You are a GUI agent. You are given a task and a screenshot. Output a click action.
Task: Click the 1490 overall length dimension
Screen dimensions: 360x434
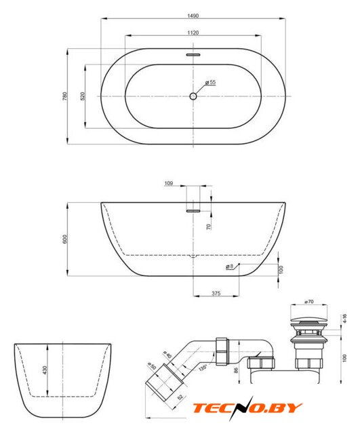click(x=193, y=16)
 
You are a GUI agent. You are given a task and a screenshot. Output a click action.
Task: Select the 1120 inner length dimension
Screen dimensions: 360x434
click(x=193, y=33)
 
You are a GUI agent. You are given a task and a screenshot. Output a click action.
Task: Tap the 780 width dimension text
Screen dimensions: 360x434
click(x=65, y=96)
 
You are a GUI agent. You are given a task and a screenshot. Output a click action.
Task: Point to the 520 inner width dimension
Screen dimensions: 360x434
click(x=83, y=96)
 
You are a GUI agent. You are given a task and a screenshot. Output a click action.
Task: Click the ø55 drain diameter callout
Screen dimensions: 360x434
click(x=210, y=82)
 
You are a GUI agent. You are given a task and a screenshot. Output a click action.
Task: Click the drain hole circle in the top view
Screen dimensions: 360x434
click(x=193, y=96)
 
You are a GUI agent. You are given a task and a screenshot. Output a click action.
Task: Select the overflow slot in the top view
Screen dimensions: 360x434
click(x=193, y=55)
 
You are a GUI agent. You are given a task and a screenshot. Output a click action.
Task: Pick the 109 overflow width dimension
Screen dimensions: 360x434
click(x=169, y=183)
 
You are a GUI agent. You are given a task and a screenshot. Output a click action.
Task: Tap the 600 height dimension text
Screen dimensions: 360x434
click(x=65, y=239)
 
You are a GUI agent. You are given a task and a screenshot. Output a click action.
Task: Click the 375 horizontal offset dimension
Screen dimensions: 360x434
click(x=216, y=293)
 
